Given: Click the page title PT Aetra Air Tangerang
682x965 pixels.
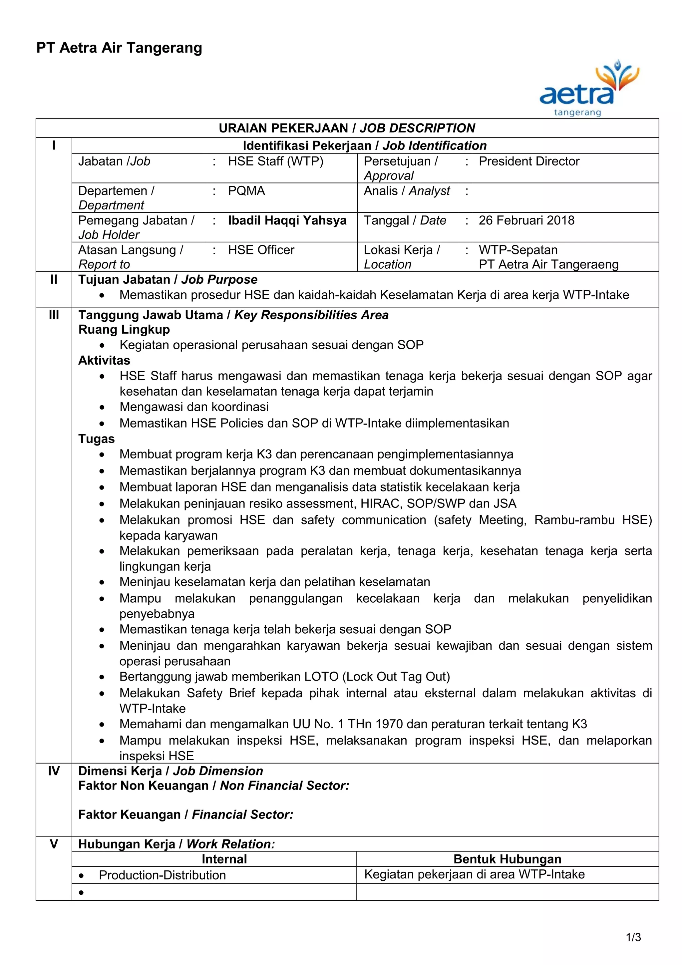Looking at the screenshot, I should coord(119,48).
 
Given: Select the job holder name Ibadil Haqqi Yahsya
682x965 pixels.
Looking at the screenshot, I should coord(287,220).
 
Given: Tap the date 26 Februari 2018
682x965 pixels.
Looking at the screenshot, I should coord(526,220).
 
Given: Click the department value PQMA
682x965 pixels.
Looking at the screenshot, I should coord(246,191).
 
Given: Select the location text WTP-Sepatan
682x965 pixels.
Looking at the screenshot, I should coord(518,250).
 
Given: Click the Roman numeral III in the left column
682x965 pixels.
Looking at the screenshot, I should coord(54,315).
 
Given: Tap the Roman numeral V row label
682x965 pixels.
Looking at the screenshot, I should coord(54,844).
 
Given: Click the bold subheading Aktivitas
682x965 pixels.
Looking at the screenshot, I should coord(104,360).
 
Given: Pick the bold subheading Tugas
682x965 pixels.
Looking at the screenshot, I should coord(96,439).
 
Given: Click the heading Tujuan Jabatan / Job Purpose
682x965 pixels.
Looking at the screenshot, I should coord(168,279).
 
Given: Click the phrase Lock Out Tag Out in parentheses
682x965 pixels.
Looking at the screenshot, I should coord(396,677).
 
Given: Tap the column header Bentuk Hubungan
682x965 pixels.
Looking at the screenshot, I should coord(507,859).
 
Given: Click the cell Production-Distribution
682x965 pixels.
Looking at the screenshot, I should coord(162,875).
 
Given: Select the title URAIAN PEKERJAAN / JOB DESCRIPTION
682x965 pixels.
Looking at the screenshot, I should coord(347,128).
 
